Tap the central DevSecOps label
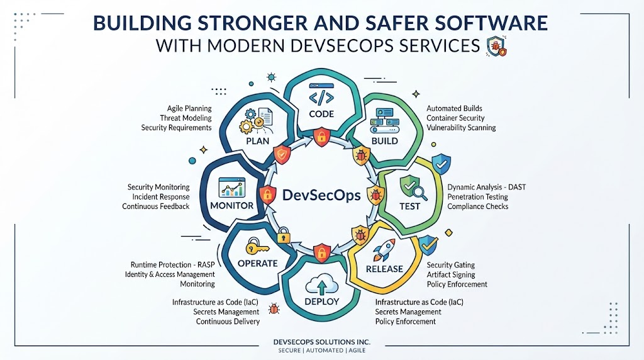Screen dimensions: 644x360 [321, 195]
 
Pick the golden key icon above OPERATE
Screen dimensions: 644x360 [257, 247]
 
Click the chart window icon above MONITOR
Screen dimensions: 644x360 [232, 188]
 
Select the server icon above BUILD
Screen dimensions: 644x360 [384, 121]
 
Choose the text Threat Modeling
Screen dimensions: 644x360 [186, 118]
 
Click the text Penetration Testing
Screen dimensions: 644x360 [478, 197]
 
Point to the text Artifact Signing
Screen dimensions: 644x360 [451, 274]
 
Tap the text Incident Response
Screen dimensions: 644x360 [160, 197]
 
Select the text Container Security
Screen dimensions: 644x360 [455, 118]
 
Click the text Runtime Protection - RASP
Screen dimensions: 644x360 [172, 265]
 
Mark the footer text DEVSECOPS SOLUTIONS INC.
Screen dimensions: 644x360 [322, 342]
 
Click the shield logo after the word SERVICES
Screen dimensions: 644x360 [497, 46]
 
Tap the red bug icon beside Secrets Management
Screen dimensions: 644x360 [274, 309]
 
